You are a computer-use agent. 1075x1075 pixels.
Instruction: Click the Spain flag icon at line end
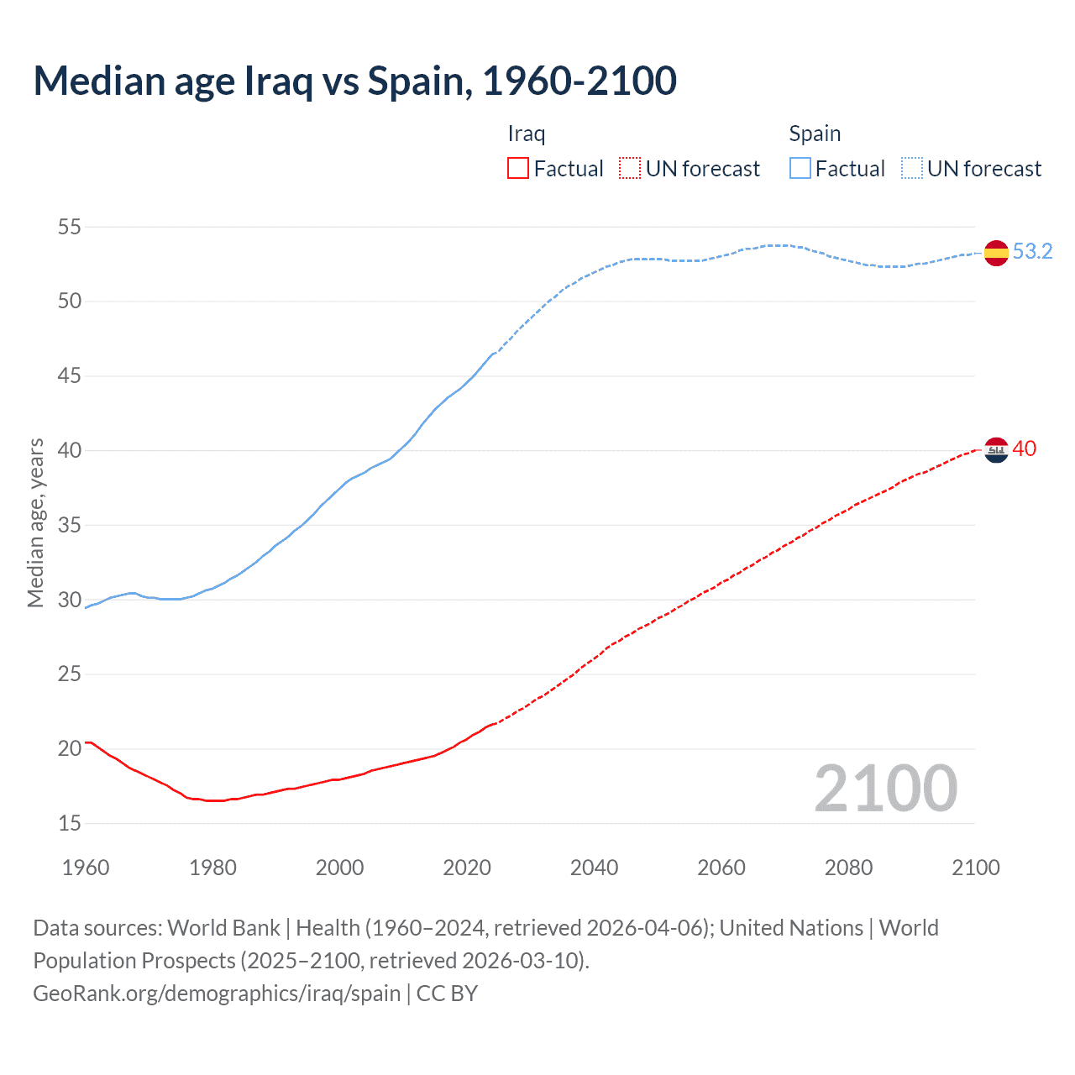tap(996, 252)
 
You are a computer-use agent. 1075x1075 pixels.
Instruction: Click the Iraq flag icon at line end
tap(996, 450)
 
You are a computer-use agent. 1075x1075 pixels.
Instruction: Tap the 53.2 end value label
tap(1032, 251)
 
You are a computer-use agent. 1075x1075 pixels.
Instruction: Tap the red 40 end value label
tap(1025, 448)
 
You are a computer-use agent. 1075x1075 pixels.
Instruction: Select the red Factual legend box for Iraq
tap(518, 169)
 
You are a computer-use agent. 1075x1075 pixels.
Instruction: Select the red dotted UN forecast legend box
tap(630, 169)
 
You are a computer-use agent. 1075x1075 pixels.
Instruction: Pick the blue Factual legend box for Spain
tap(800, 169)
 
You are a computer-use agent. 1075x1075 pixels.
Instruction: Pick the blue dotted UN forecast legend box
tap(911, 169)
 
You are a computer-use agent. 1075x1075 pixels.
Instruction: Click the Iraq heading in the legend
tap(527, 134)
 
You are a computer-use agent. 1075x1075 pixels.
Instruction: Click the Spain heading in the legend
tap(815, 134)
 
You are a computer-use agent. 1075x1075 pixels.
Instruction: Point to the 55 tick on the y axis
tap(70, 227)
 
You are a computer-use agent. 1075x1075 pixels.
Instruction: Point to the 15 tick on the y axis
tap(70, 823)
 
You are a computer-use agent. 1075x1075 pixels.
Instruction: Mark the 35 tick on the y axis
tap(70, 525)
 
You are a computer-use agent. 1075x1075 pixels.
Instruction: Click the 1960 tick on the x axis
tap(86, 868)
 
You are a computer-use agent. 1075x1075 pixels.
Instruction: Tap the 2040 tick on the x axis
tap(594, 868)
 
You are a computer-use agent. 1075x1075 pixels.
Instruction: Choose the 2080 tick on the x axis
tap(848, 868)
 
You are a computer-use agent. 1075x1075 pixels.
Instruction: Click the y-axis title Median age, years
tap(35, 522)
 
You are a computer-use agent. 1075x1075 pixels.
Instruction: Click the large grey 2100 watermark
tap(885, 788)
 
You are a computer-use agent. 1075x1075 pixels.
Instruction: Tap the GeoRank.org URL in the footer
tap(217, 994)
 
